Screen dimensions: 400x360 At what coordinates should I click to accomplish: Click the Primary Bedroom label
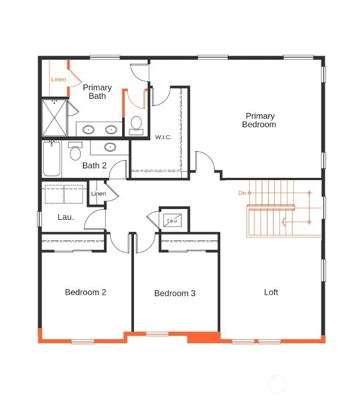click(x=259, y=120)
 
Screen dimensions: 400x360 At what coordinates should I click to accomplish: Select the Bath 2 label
click(x=94, y=166)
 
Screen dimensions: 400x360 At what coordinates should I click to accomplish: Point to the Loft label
click(x=271, y=293)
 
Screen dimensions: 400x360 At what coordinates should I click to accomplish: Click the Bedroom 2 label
click(x=85, y=293)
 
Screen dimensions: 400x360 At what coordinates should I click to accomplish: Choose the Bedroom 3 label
click(x=175, y=294)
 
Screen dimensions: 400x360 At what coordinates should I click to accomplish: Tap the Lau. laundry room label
click(x=66, y=217)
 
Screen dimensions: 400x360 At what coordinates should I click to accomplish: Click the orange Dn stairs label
click(x=242, y=193)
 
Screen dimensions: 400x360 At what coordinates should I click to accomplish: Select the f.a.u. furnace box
click(x=172, y=220)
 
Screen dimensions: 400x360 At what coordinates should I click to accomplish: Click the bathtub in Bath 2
click(x=52, y=159)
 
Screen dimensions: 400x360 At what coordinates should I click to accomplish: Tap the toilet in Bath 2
click(x=76, y=153)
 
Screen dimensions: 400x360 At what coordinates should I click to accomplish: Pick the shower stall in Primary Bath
click(x=55, y=118)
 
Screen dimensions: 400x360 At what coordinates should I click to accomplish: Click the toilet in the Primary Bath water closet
click(x=136, y=124)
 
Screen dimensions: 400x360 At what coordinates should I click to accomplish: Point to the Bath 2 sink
click(x=110, y=147)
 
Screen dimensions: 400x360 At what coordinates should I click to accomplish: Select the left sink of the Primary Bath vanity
click(x=88, y=130)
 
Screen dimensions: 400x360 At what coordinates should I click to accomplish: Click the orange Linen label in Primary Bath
click(x=58, y=80)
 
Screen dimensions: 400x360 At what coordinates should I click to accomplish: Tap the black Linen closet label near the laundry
click(x=98, y=194)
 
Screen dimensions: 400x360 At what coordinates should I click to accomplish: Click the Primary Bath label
click(x=97, y=91)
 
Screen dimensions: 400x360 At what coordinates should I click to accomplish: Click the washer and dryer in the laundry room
click(x=64, y=193)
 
